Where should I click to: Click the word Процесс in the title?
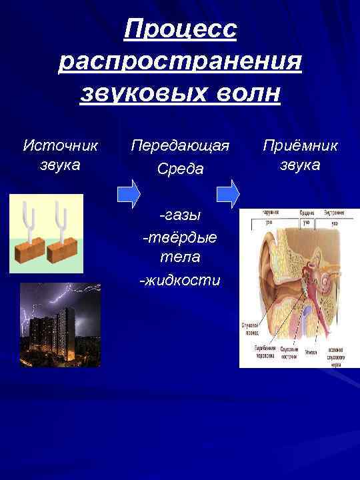click(x=181, y=29)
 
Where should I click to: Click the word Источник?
click(x=61, y=145)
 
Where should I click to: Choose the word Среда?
click(x=180, y=169)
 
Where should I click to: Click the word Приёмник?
click(x=300, y=145)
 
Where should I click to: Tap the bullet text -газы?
click(x=179, y=215)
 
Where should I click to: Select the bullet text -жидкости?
click(x=179, y=280)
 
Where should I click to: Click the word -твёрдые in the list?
click(x=179, y=237)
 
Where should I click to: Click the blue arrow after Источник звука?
click(x=128, y=193)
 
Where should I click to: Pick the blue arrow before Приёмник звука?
click(x=229, y=193)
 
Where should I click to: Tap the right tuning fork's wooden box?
click(x=65, y=250)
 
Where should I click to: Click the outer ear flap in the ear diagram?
click(x=263, y=267)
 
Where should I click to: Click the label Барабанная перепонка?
click(x=265, y=352)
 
